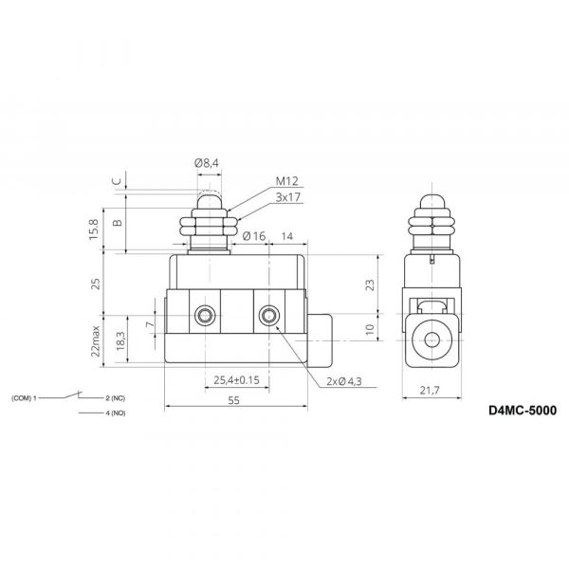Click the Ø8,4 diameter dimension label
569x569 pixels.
207,163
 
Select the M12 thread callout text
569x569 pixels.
286,181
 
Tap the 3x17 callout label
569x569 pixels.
288,197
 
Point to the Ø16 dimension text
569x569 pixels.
254,236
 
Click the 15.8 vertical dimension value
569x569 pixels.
94,229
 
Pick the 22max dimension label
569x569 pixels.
95,341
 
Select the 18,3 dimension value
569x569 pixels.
120,341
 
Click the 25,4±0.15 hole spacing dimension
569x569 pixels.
236,380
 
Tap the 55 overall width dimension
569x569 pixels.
234,400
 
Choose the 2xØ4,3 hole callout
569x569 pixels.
344,381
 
